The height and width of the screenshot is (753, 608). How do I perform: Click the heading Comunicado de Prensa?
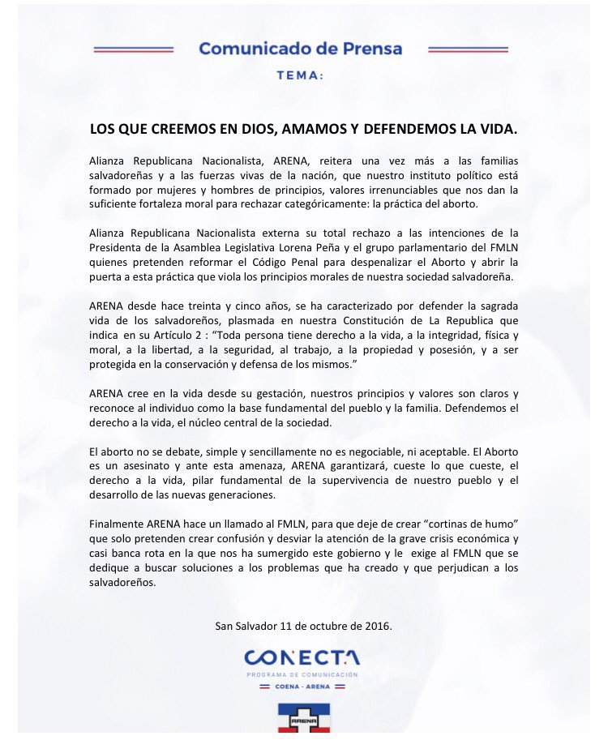300,49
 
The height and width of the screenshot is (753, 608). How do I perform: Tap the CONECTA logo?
302,657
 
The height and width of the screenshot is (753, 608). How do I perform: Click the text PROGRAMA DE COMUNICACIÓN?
302,674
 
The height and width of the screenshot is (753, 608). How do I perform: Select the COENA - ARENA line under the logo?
302,687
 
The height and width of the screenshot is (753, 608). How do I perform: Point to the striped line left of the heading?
134,49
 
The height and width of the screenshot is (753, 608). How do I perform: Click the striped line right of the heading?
468,49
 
